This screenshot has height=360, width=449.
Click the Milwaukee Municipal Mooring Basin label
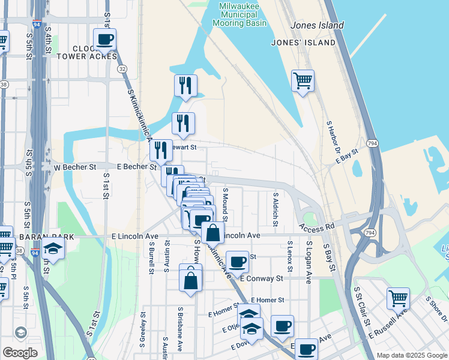(240, 14)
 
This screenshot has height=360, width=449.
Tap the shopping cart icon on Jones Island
(303, 80)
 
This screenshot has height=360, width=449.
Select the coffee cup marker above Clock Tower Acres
(104, 40)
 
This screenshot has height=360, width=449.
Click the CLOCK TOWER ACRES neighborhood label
(95, 52)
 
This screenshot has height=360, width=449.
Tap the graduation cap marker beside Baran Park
(53, 250)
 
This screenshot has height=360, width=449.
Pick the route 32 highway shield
(122, 69)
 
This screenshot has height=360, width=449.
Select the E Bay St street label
(346, 157)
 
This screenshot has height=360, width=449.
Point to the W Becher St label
(74, 167)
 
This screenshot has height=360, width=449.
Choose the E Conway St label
(261, 278)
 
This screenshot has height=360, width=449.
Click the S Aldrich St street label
(276, 209)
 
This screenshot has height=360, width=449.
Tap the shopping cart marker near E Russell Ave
(399, 297)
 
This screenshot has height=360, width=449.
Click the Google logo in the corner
(20, 353)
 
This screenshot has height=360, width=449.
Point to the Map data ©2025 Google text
(411, 355)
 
